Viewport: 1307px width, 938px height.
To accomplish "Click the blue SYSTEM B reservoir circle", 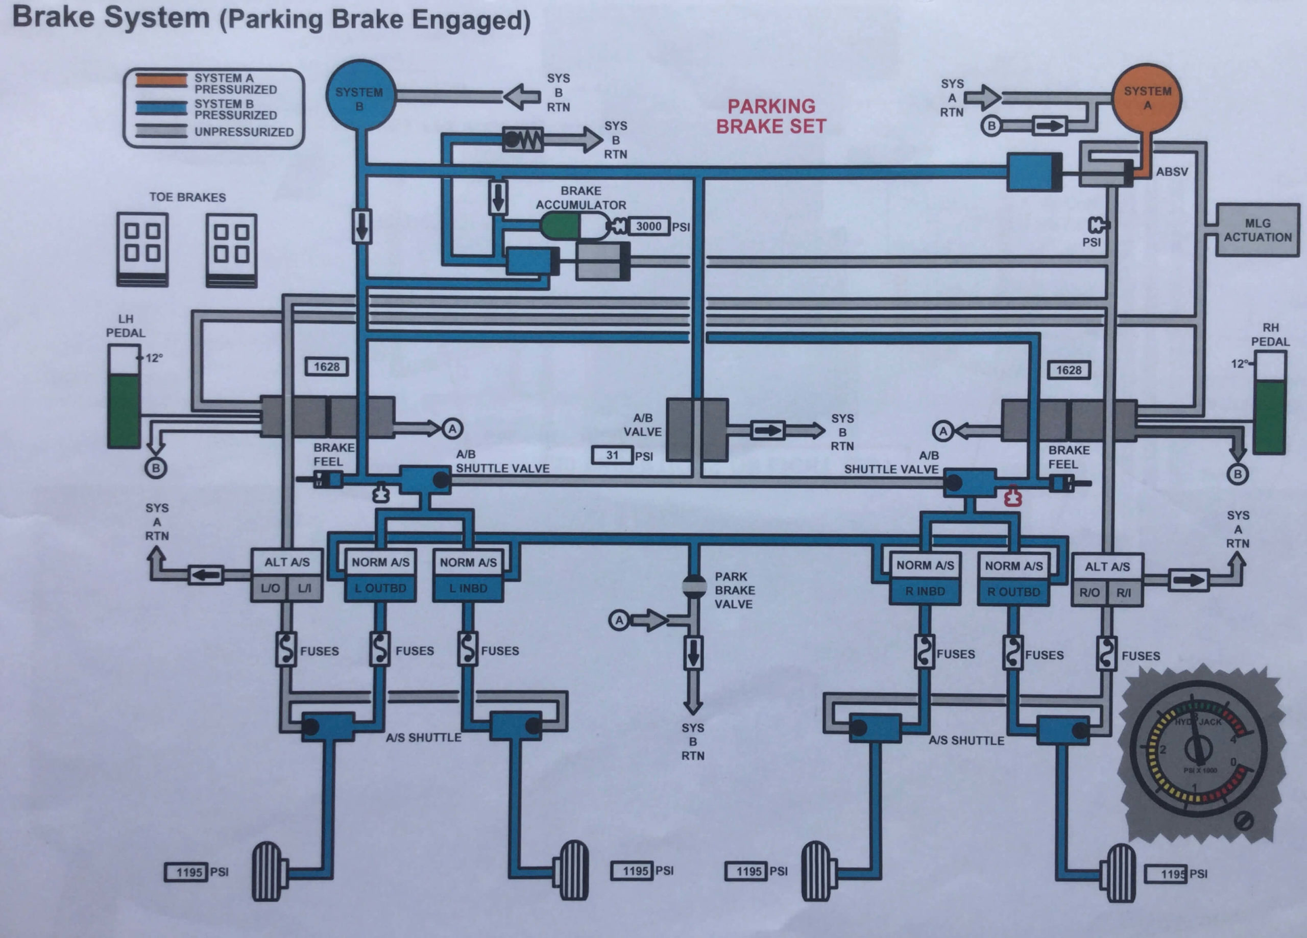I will pyautogui.click(x=361, y=95).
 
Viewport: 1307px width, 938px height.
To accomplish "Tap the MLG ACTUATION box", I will pyautogui.click(x=1257, y=230).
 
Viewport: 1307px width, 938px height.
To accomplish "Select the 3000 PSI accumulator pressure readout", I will pyautogui.click(x=648, y=227).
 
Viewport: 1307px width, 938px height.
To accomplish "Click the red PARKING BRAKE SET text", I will pyautogui.click(x=771, y=116).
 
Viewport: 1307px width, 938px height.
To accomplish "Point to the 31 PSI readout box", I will pyautogui.click(x=612, y=455).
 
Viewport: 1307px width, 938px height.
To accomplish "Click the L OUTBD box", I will pyautogui.click(x=380, y=588).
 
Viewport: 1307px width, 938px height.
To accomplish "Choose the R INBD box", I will pyautogui.click(x=925, y=591).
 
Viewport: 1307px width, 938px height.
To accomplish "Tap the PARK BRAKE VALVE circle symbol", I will pyautogui.click(x=694, y=585).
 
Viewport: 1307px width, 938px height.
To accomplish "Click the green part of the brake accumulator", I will pyautogui.click(x=560, y=227).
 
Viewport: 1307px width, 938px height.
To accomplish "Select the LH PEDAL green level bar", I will pyautogui.click(x=124, y=410).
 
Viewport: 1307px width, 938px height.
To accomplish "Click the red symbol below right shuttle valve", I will pyautogui.click(x=1012, y=497).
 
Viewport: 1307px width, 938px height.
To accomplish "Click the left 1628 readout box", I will pyautogui.click(x=327, y=367).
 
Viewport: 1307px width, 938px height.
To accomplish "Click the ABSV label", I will pyautogui.click(x=1172, y=171).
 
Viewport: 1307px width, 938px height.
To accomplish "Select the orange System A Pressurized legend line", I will pyautogui.click(x=161, y=81).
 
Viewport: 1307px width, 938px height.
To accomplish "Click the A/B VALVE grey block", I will pyautogui.click(x=697, y=430).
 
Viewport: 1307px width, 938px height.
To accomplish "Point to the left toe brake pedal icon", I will pyautogui.click(x=142, y=249).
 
